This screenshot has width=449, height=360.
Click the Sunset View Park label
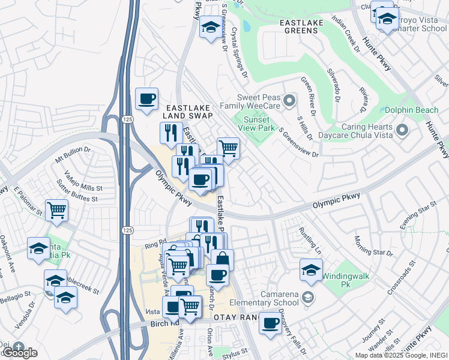click(256, 122)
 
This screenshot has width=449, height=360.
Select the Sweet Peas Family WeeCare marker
click(289, 100)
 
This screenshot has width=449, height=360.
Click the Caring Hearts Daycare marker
click(402, 130)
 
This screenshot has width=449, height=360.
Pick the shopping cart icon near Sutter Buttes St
click(57, 210)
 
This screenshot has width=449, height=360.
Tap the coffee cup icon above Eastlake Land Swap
click(146, 99)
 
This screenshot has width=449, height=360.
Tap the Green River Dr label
click(309, 96)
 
